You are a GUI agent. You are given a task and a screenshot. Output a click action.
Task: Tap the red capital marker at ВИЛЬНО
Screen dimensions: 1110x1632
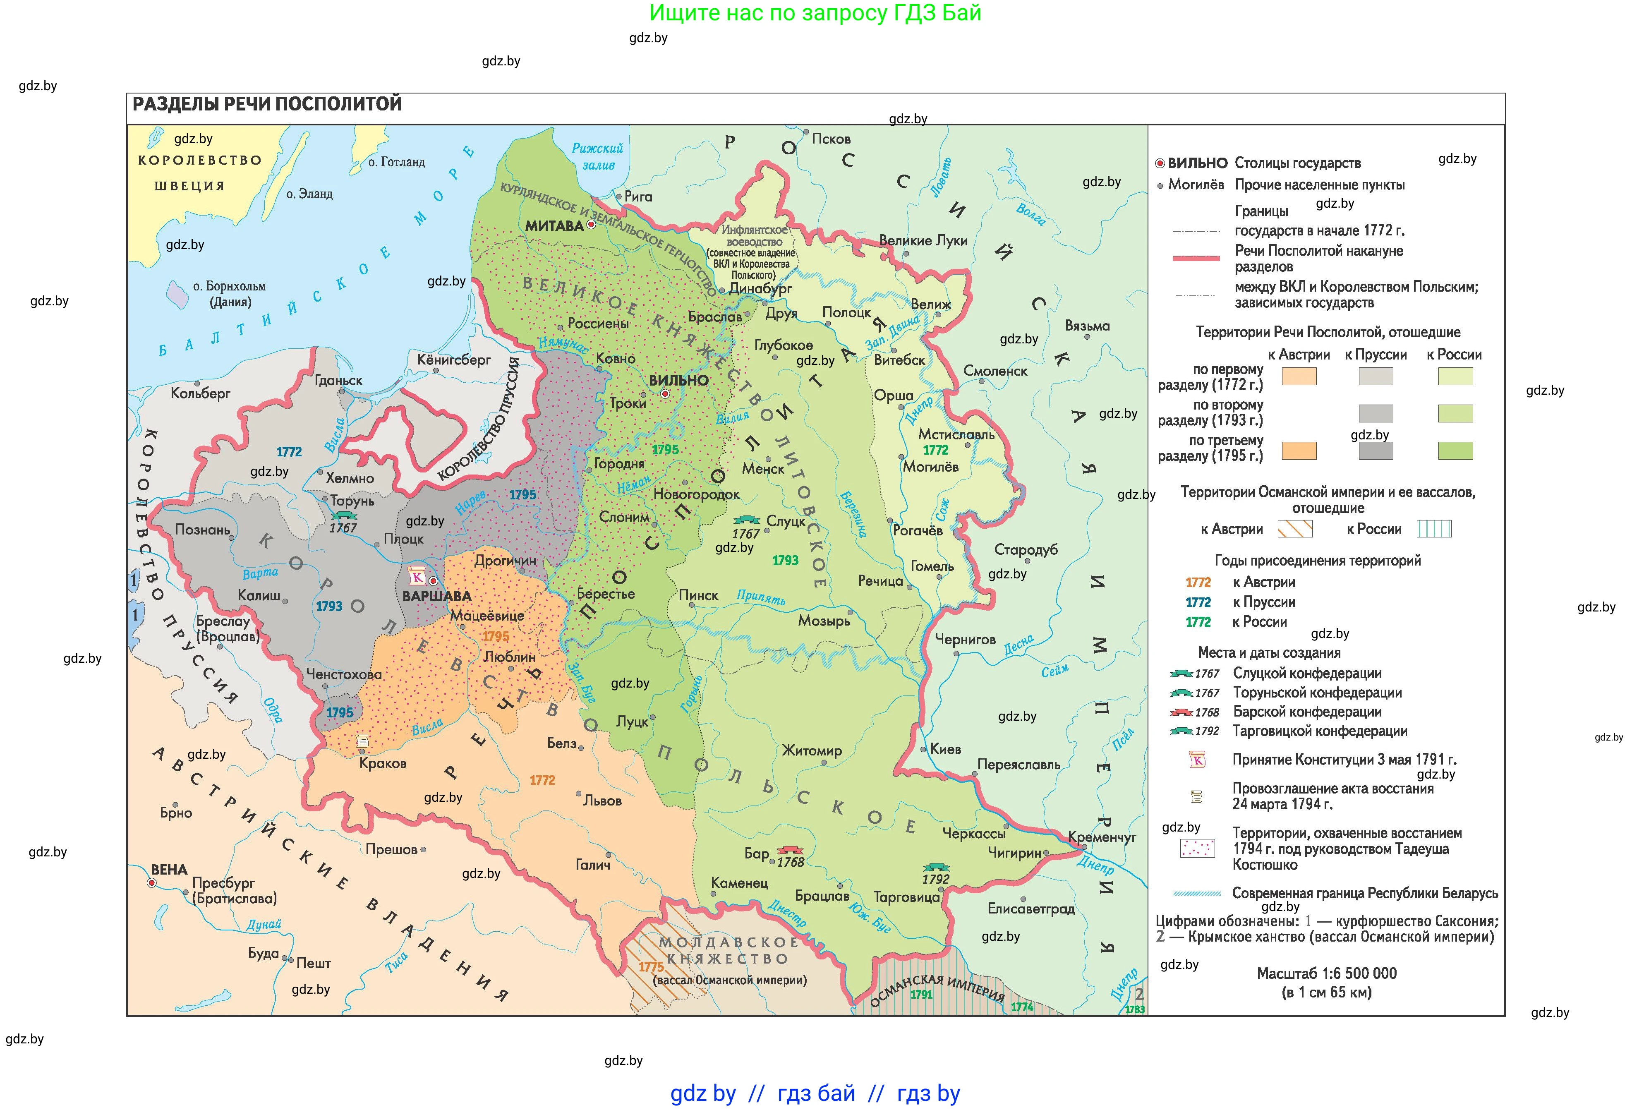[x=664, y=395]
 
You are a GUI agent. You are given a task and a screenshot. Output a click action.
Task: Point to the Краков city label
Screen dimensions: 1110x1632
[x=383, y=763]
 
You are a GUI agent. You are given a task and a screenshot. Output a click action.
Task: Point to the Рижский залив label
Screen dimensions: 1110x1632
[x=598, y=156]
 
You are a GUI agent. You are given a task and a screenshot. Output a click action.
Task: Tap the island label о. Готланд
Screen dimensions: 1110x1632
[x=397, y=162]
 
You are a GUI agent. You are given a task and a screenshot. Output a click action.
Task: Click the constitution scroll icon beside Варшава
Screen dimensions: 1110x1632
[x=417, y=576]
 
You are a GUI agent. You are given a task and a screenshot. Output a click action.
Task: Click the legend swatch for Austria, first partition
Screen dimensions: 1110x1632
[x=1299, y=376]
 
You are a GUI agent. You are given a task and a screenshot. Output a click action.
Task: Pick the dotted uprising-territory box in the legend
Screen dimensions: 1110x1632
[x=1197, y=848]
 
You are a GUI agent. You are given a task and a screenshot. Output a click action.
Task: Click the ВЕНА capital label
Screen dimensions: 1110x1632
[x=169, y=869]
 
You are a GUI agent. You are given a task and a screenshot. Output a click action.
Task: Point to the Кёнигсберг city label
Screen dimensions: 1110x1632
[x=454, y=360]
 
